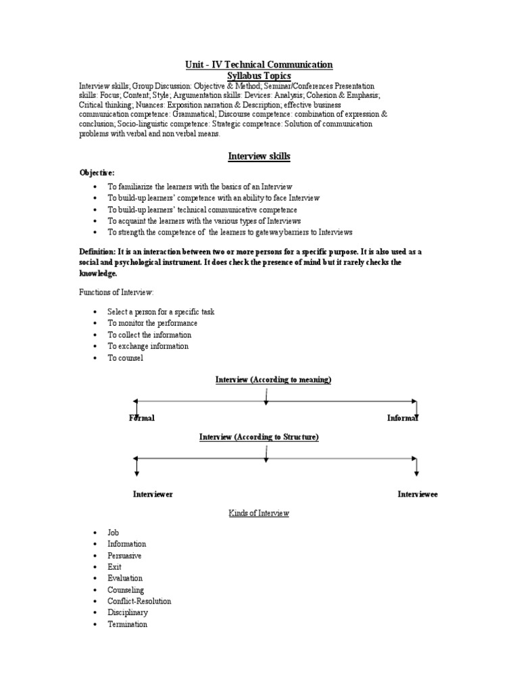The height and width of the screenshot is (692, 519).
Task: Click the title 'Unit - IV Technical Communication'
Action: click(x=259, y=65)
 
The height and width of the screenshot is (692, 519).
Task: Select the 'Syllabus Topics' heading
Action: click(x=259, y=76)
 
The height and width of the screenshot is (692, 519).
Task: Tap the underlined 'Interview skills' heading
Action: click(x=259, y=156)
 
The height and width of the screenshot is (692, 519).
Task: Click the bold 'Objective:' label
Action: click(x=97, y=173)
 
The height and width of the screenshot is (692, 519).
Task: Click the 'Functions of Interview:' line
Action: click(x=116, y=292)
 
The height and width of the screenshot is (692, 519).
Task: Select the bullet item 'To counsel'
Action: click(x=125, y=357)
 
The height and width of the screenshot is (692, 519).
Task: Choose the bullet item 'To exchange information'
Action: click(x=147, y=346)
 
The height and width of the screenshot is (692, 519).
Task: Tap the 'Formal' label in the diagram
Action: click(x=142, y=418)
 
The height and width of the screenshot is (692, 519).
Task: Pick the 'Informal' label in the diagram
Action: click(x=403, y=418)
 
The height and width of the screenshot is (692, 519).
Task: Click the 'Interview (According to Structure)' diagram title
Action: click(x=259, y=437)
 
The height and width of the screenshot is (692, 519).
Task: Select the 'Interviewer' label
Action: click(x=153, y=494)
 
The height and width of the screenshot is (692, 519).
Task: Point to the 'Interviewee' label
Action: click(x=418, y=494)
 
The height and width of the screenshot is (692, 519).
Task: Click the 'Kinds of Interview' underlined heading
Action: click(x=259, y=514)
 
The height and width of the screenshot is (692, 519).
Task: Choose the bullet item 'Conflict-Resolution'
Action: click(x=139, y=601)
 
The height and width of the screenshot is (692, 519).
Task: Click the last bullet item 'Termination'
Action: click(x=127, y=624)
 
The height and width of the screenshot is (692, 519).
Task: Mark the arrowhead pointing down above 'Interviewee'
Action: click(x=416, y=472)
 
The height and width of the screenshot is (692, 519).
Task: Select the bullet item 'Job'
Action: click(x=113, y=533)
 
